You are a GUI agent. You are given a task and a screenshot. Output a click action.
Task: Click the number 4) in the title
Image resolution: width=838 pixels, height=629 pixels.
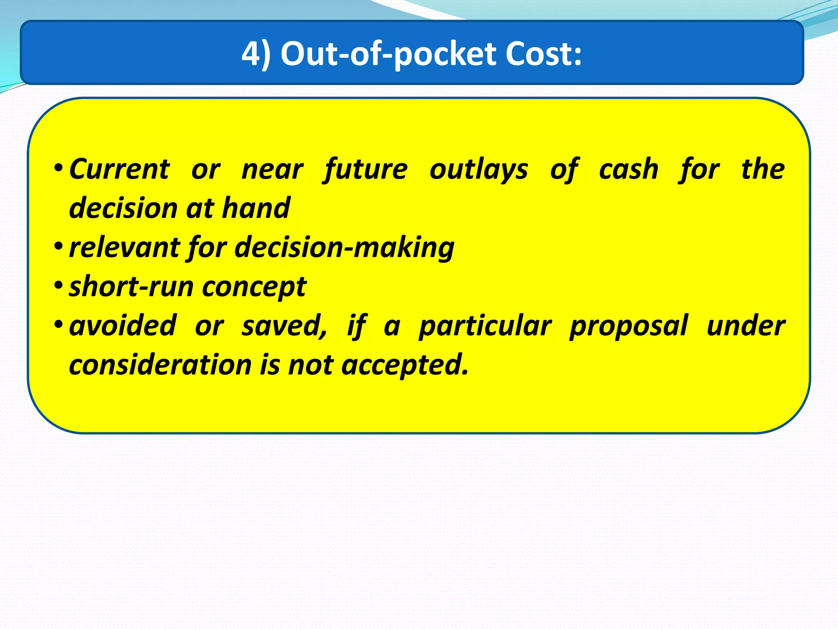(256, 54)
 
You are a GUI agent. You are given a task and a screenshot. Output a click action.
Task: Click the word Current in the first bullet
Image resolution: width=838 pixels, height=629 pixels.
(119, 169)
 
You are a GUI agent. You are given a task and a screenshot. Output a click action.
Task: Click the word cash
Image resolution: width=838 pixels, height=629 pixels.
(628, 169)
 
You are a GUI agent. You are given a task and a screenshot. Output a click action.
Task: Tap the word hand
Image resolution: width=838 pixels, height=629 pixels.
(256, 208)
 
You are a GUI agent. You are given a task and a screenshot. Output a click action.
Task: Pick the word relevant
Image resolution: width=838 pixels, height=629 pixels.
(124, 247)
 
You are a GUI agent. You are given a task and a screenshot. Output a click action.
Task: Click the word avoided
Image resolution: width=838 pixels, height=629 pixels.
(123, 326)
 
